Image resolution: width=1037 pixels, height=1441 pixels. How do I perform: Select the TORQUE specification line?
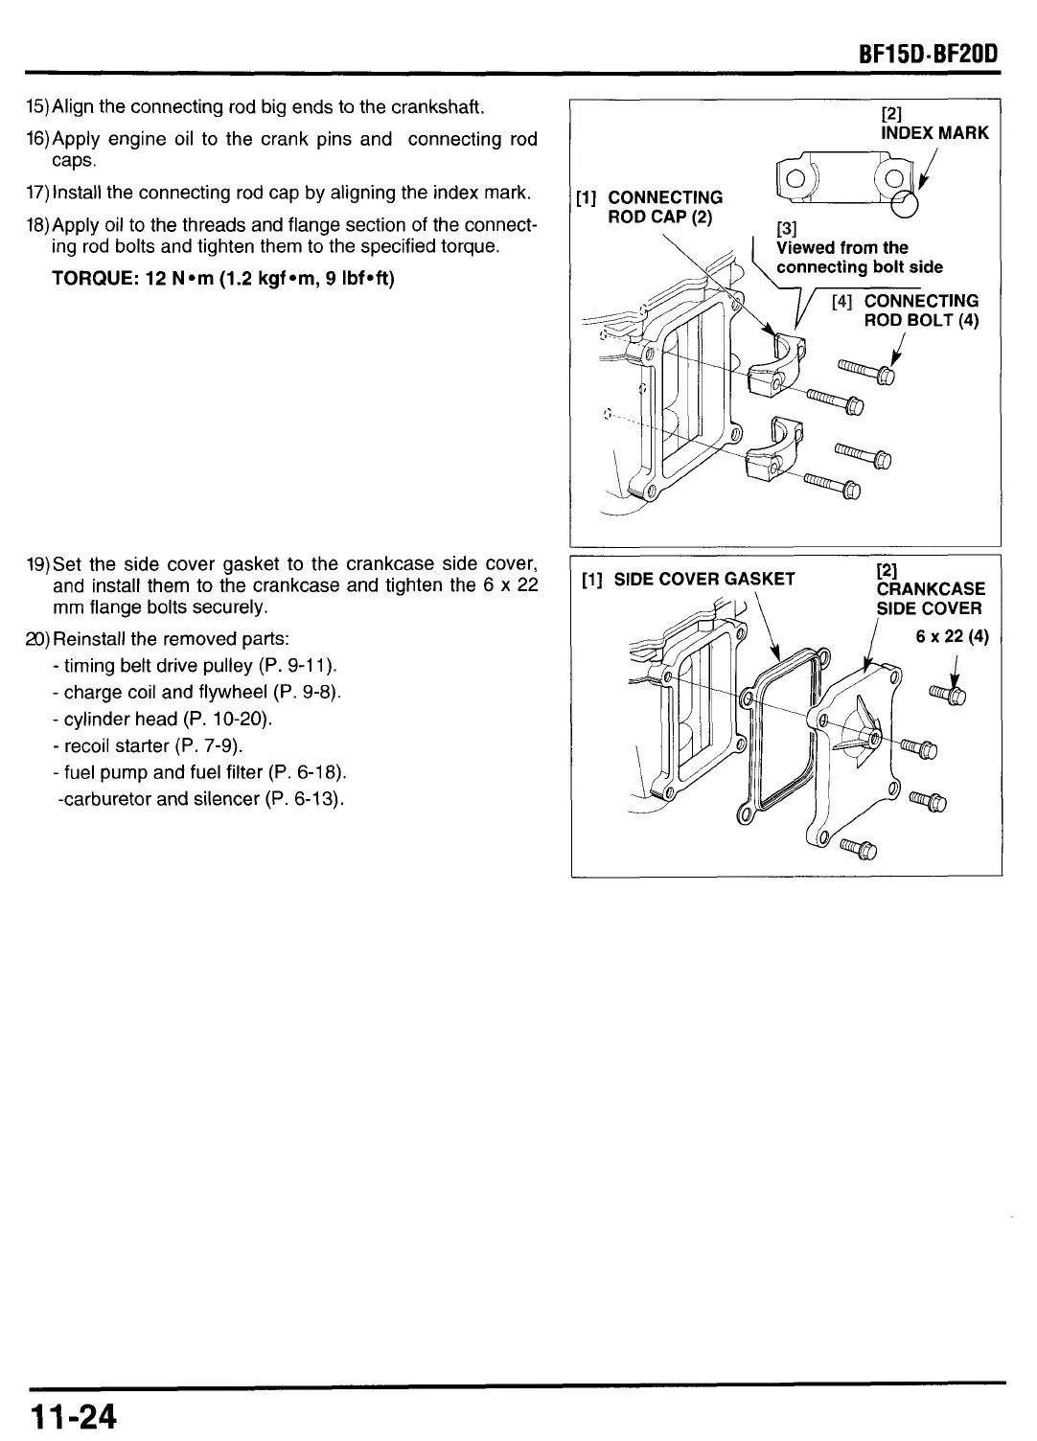(223, 279)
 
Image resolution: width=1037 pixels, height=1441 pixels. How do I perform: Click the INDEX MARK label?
(933, 133)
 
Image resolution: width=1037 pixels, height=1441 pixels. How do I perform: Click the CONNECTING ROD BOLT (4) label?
(920, 310)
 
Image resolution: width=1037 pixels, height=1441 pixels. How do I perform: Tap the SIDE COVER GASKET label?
(703, 579)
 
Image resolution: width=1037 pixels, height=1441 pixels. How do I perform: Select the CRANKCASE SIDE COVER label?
(930, 598)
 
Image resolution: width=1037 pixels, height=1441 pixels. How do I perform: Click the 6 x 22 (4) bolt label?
(952, 637)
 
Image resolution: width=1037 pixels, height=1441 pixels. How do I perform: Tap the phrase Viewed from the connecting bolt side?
(859, 257)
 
